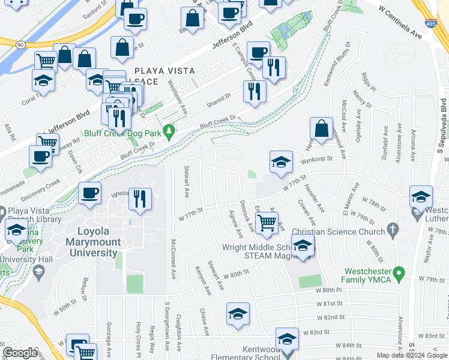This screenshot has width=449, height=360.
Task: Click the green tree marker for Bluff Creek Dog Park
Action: coord(170,130)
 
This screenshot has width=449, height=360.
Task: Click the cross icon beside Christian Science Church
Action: coord(393,229)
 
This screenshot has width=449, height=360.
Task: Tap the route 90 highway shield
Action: coord(20,44)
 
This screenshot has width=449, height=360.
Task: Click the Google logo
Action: coord(20,352)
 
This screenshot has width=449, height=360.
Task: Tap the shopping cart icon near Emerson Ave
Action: coord(267,222)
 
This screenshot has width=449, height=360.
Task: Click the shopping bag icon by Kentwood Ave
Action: coord(321,128)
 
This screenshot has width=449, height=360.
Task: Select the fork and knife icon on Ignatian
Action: coord(140,199)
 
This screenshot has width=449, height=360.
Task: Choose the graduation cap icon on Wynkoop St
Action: coord(280,162)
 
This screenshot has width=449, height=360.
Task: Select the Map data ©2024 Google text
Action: coord(412,355)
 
